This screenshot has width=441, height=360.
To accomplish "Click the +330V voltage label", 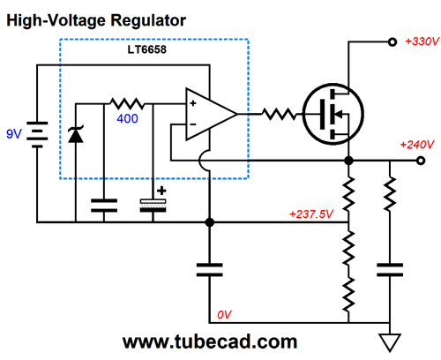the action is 422,41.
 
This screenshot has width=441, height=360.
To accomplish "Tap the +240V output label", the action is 417,145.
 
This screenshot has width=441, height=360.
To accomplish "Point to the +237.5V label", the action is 311,214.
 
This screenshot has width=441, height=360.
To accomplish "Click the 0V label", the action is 224,315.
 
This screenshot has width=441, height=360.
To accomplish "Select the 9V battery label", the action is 14,134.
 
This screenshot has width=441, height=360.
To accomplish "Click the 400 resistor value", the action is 127,118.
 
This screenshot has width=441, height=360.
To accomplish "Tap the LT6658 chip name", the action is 146,49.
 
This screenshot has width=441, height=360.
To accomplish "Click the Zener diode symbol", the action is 76,134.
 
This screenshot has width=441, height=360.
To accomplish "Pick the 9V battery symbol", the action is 37,135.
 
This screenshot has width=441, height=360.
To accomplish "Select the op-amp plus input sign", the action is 193,103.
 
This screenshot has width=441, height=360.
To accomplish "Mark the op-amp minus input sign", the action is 193,124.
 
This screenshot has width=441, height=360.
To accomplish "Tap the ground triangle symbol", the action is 390,342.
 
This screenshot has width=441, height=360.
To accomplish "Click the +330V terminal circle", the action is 392,42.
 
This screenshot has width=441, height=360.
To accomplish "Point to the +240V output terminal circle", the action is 421,161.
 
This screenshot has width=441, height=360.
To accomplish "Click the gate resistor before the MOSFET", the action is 279,114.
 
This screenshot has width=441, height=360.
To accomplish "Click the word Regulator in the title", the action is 148,21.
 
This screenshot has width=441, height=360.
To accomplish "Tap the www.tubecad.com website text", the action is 210,341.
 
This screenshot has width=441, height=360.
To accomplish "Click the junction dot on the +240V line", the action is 348,161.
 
